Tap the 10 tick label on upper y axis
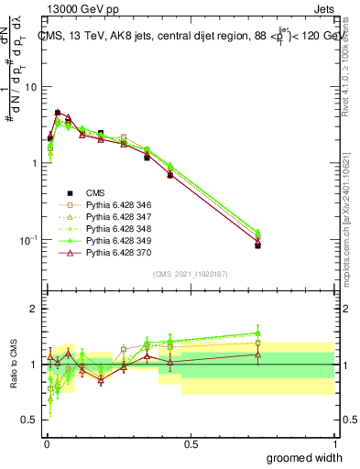28,87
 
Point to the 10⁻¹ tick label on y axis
26,240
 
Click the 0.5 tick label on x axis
190,443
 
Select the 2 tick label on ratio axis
33,310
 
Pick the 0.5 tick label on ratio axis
28,421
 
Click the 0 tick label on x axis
45,443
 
